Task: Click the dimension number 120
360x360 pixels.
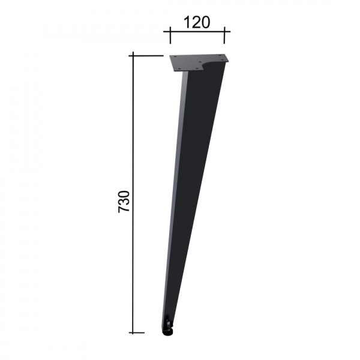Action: (x=197, y=22)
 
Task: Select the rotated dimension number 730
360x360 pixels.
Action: (x=124, y=202)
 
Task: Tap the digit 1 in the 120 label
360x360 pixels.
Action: (x=187, y=22)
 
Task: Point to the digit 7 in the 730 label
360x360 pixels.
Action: (x=124, y=209)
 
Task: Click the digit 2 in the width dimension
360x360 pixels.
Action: (x=196, y=22)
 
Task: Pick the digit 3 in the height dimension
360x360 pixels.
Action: (x=124, y=202)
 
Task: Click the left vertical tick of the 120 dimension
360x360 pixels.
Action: (x=170, y=35)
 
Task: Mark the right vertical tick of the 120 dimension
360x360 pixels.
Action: (x=224, y=35)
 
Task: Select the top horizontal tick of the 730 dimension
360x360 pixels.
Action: (x=146, y=56)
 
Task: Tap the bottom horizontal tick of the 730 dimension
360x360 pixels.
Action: (x=137, y=332)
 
